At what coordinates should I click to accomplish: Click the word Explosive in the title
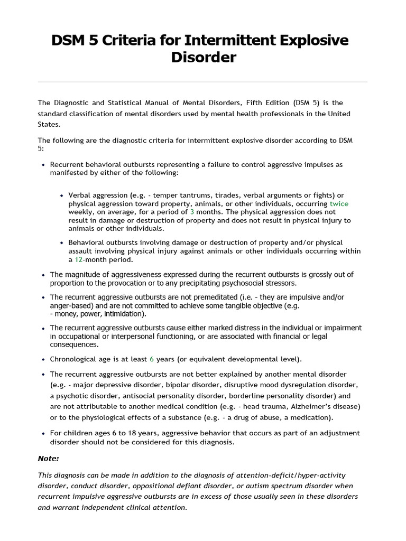(310, 40)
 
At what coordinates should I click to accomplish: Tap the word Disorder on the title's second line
(203, 57)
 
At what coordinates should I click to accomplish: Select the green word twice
(339, 203)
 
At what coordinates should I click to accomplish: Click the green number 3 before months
(192, 212)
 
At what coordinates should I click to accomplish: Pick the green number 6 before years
(151, 359)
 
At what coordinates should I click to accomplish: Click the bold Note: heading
(49, 458)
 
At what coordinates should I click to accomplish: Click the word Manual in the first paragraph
(156, 102)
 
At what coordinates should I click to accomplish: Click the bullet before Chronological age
(43, 359)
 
